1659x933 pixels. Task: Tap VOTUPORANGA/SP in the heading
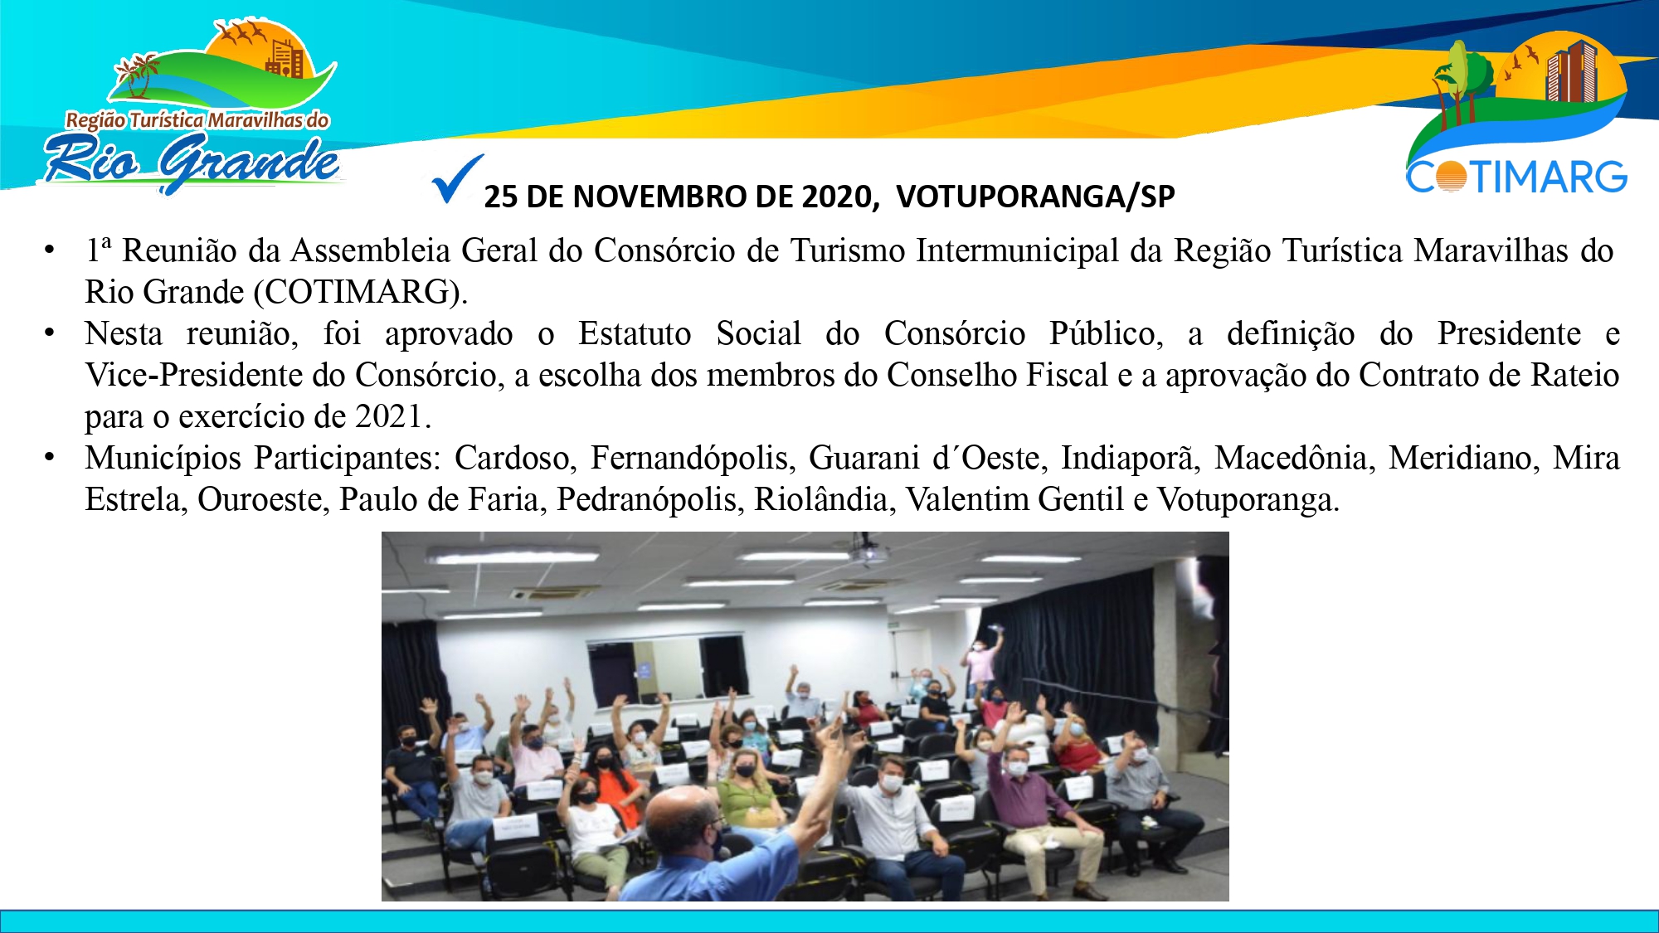click(1035, 197)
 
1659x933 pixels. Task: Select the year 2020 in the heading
click(838, 197)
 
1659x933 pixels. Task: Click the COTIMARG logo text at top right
click(1516, 176)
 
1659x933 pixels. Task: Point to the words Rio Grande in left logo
click(193, 161)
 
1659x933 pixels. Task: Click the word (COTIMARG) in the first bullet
click(360, 292)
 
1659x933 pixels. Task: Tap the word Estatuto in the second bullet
click(635, 333)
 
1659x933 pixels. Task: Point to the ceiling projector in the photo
click(868, 552)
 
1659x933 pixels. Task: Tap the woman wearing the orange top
click(612, 796)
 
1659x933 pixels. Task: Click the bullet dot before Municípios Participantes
click(50, 456)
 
